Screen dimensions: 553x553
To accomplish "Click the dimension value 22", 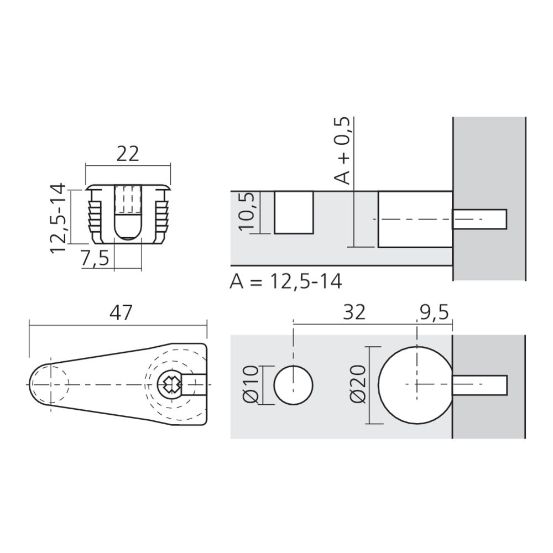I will [x=128, y=154].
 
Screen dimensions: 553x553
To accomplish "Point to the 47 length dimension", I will [x=121, y=312].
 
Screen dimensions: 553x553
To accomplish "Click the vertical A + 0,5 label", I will [x=343, y=150].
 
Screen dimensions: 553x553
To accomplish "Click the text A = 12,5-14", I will [x=286, y=281].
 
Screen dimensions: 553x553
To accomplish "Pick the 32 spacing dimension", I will [x=354, y=312].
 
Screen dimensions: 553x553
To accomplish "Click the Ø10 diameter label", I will [x=250, y=384].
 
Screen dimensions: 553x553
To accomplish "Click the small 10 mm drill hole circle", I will [x=294, y=384].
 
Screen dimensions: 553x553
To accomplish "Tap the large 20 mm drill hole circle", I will [x=415, y=384].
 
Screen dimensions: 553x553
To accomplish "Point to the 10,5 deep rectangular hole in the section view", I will [x=294, y=212].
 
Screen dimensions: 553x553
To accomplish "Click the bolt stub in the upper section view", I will [x=479, y=219].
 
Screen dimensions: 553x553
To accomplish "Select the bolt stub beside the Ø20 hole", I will [x=479, y=384].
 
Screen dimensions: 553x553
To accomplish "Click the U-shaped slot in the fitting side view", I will [x=128, y=218].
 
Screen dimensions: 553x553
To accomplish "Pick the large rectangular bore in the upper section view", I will [x=415, y=219].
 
